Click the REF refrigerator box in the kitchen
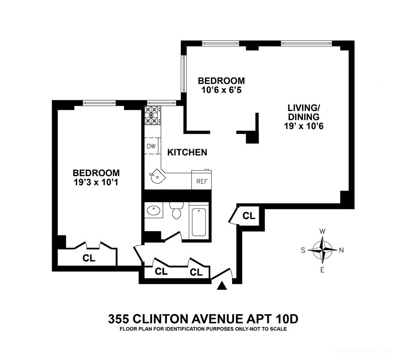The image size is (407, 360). coord(201,181)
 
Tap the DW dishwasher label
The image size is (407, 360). coord(151,146)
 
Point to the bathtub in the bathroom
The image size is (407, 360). coord(199,222)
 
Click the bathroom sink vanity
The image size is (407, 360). coord(153,210)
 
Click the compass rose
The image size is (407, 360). coord(322,250)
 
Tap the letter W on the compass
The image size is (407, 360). coord(323,231)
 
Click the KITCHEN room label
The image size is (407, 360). coord(187,152)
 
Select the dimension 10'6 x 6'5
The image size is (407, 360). coord(221,90)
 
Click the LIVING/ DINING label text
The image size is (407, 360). coord(304,113)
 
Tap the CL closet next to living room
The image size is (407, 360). coord(249,216)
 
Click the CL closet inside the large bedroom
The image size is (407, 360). coord(89,258)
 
